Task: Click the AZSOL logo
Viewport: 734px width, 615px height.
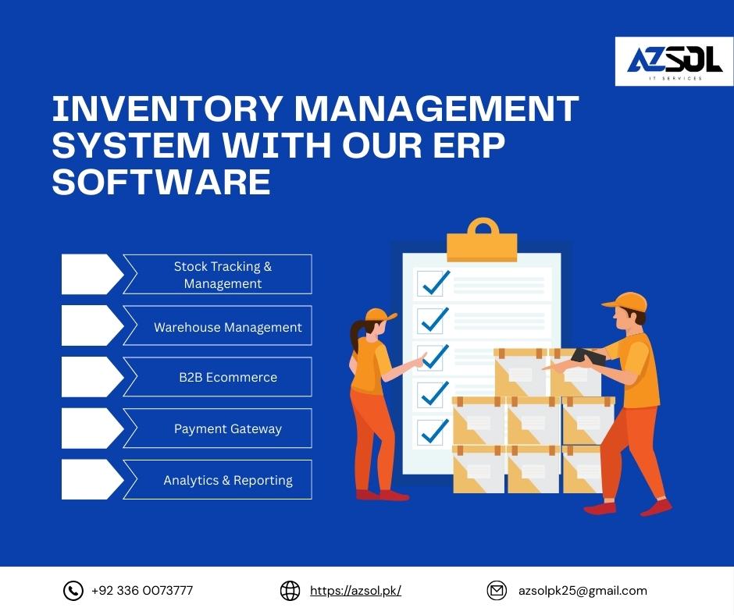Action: [x=674, y=62]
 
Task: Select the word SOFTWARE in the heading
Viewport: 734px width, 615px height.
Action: [x=162, y=182]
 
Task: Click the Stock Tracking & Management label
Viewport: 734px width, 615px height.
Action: [x=223, y=275]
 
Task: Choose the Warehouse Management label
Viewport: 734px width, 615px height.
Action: [x=228, y=327]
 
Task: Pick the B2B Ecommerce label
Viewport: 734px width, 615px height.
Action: [x=228, y=377]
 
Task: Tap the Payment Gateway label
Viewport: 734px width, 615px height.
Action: [x=228, y=428]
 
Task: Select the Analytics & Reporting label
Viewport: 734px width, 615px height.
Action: [x=228, y=480]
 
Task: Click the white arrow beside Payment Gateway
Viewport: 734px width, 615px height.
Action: [x=92, y=428]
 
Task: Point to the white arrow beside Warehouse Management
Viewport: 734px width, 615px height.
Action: [x=92, y=325]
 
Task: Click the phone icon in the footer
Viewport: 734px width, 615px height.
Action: [x=73, y=591]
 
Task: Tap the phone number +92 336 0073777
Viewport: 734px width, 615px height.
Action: [x=142, y=591]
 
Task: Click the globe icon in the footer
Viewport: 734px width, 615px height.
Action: [x=290, y=591]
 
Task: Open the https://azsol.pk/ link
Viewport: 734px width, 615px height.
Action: [x=356, y=591]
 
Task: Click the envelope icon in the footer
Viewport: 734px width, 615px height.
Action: [x=497, y=591]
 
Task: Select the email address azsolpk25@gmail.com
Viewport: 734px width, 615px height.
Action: [x=583, y=591]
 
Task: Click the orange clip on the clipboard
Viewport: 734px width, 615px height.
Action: [x=482, y=240]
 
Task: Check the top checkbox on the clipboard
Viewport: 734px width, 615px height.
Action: [x=430, y=283]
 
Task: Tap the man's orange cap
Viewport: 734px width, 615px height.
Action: [x=626, y=302]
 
